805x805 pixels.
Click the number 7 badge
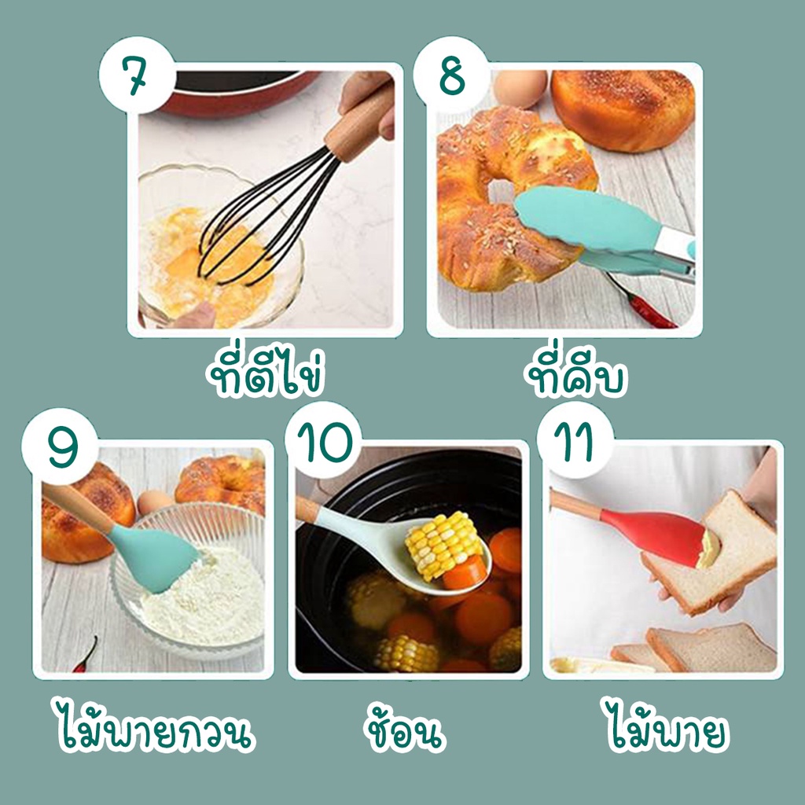point(137,75)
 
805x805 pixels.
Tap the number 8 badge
point(452,75)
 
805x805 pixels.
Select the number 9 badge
point(60,447)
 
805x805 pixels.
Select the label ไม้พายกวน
point(154,725)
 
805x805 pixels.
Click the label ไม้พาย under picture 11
point(667,725)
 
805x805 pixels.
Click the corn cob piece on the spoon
point(444,546)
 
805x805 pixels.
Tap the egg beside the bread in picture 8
point(520,88)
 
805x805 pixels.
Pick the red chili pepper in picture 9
point(86,655)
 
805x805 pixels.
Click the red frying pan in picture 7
point(236,94)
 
